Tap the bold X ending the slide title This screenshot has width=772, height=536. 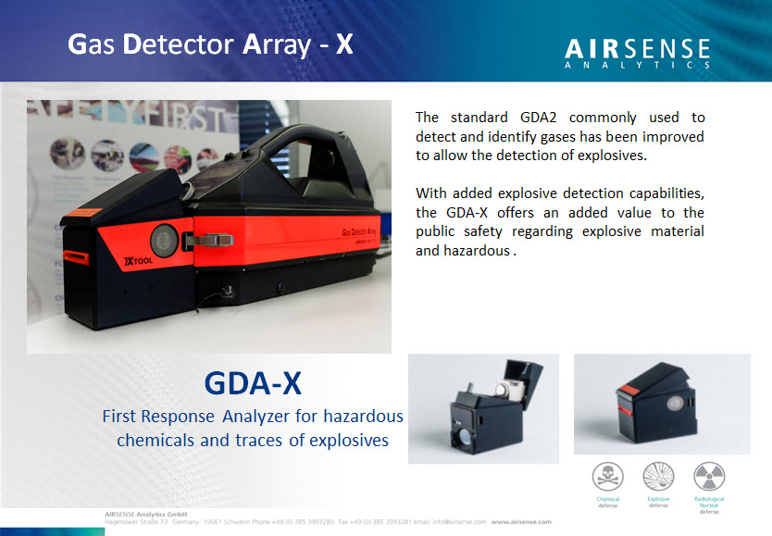tap(344, 44)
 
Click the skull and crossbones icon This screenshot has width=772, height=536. tap(607, 477)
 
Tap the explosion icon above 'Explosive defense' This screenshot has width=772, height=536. tap(658, 477)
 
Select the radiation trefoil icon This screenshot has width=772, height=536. tap(710, 477)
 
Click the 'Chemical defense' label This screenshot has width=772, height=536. tap(607, 503)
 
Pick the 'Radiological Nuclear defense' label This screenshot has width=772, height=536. tap(710, 505)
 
